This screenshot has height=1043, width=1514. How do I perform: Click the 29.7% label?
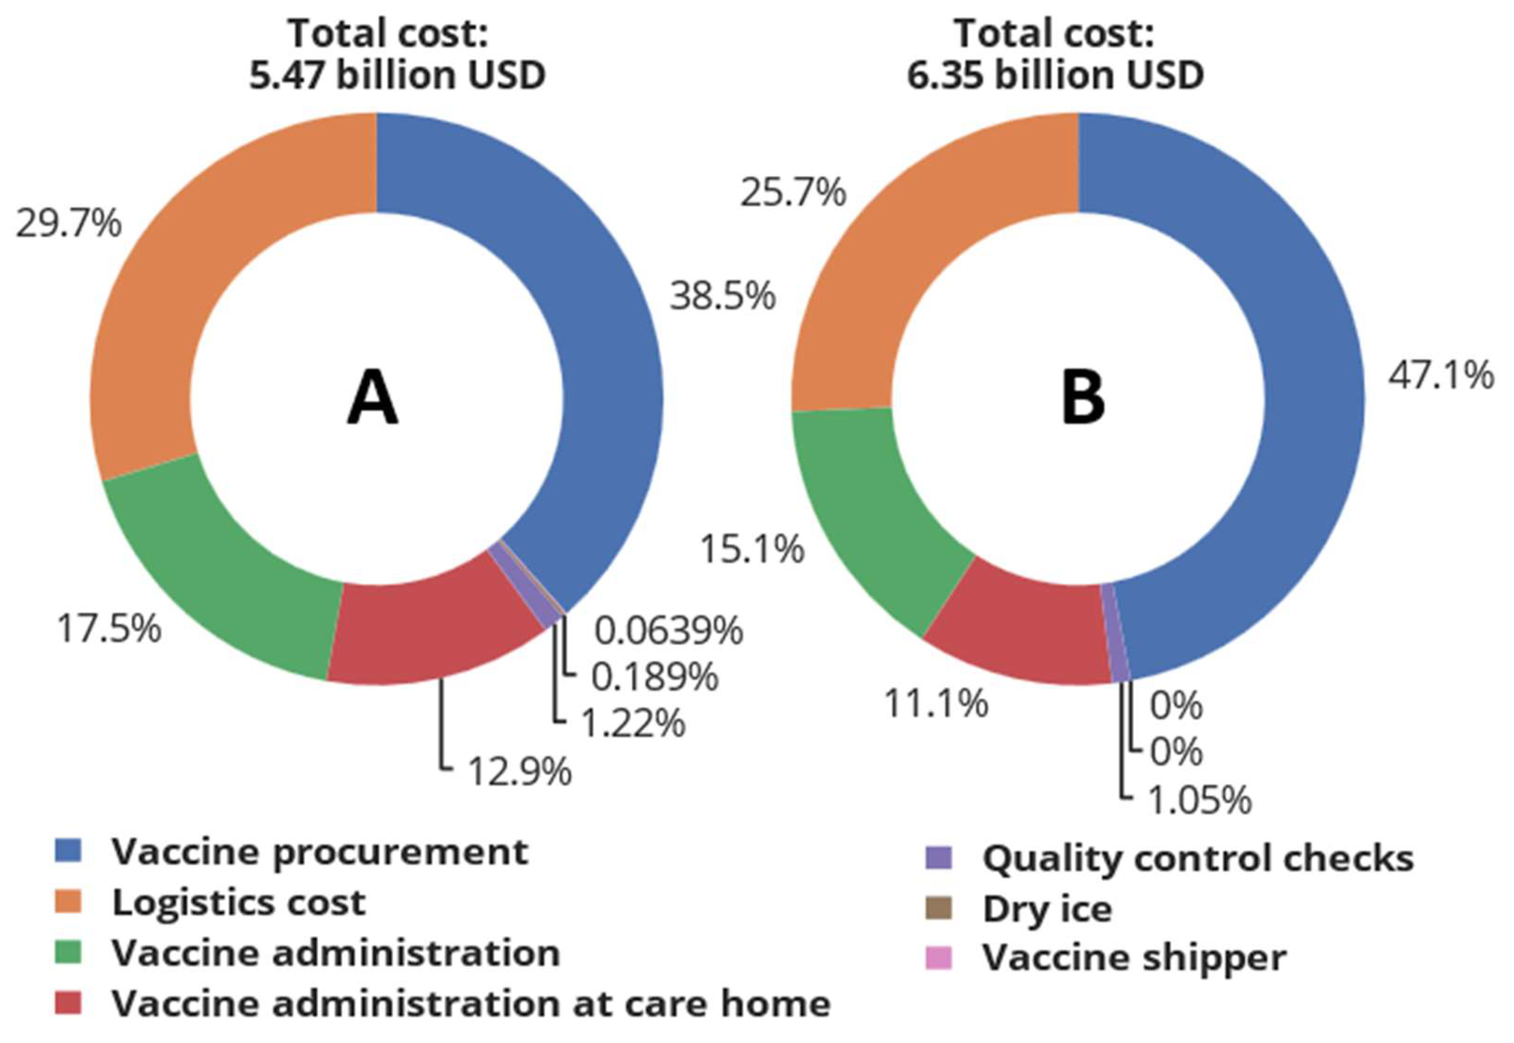(x=69, y=224)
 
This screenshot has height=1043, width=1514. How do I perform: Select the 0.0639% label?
(x=668, y=631)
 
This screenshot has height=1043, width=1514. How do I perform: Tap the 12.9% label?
(x=520, y=772)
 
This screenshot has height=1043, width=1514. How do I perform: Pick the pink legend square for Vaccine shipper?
(x=939, y=958)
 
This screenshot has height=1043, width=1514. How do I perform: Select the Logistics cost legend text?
(x=239, y=902)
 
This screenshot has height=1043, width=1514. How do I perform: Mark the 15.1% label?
(x=752, y=549)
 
